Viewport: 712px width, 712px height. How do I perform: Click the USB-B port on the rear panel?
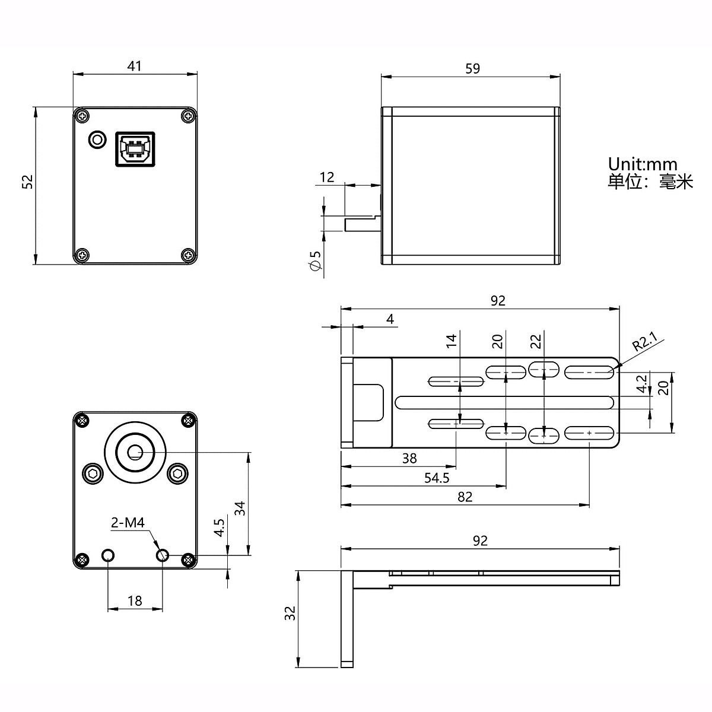[134, 148]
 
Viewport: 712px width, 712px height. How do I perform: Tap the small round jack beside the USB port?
[96, 140]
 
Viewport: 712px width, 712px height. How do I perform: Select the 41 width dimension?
[135, 65]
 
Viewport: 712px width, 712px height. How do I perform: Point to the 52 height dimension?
[27, 182]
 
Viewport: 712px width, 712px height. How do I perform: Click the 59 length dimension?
[472, 68]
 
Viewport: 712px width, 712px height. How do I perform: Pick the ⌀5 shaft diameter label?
[315, 261]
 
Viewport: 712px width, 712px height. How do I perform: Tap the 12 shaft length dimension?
[327, 177]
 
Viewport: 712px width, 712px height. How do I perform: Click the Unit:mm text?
[642, 164]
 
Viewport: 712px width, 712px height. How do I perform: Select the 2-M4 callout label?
[128, 523]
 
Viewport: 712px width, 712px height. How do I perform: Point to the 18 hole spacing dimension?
[135, 600]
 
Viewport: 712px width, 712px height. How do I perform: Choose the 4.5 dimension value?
[219, 527]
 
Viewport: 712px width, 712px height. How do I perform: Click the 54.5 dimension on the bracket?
[437, 478]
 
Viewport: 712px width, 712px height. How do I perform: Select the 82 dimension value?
[465, 497]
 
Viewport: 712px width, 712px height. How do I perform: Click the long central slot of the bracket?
[504, 402]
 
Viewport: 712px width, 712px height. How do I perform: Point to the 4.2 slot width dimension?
[641, 384]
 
